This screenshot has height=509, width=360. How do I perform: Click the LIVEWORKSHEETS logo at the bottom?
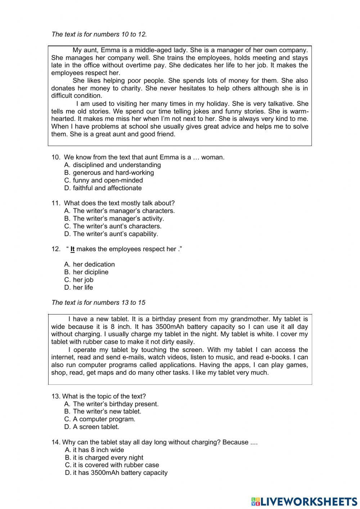point(304,501)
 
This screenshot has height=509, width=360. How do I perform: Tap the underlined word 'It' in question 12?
point(72,249)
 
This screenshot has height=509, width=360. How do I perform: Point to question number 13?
point(56,396)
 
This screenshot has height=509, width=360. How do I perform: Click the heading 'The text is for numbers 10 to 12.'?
point(99,34)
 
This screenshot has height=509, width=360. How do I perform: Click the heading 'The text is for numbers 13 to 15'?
point(98,303)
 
